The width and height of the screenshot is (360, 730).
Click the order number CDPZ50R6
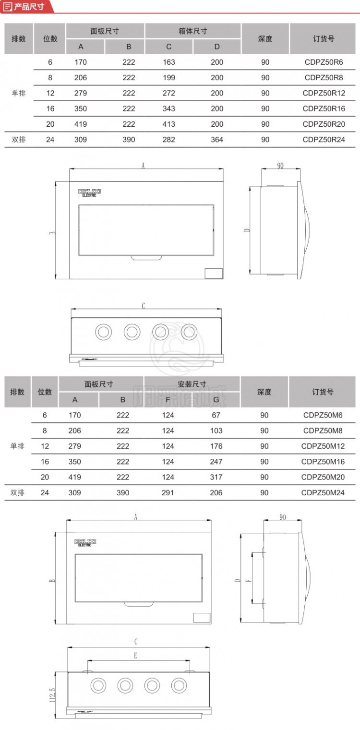[x=324, y=62]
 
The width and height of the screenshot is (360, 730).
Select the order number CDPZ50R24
[x=324, y=140]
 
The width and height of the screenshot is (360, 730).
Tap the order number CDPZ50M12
[x=323, y=446]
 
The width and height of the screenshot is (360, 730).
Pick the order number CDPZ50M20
[x=323, y=477]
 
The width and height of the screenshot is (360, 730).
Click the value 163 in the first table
[x=169, y=62]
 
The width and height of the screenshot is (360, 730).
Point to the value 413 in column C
[x=169, y=124]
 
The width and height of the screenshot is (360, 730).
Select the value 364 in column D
[x=217, y=140]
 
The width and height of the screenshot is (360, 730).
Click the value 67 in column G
[x=216, y=415]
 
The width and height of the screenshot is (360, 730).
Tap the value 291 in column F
[x=168, y=492]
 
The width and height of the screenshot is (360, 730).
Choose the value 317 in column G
[x=216, y=477]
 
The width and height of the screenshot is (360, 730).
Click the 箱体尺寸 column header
[x=193, y=31]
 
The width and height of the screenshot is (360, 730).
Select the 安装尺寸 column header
[x=192, y=384]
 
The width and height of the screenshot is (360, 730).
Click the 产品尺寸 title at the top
[x=29, y=6]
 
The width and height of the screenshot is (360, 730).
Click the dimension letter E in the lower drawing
[x=136, y=656]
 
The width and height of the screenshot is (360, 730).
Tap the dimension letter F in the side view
[x=248, y=581]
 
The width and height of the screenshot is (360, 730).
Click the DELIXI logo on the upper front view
[x=90, y=192]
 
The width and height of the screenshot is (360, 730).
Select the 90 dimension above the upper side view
[x=280, y=166]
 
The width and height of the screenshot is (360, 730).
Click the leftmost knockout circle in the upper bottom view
[x=103, y=332]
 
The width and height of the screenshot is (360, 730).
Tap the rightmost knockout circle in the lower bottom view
[x=179, y=685]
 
